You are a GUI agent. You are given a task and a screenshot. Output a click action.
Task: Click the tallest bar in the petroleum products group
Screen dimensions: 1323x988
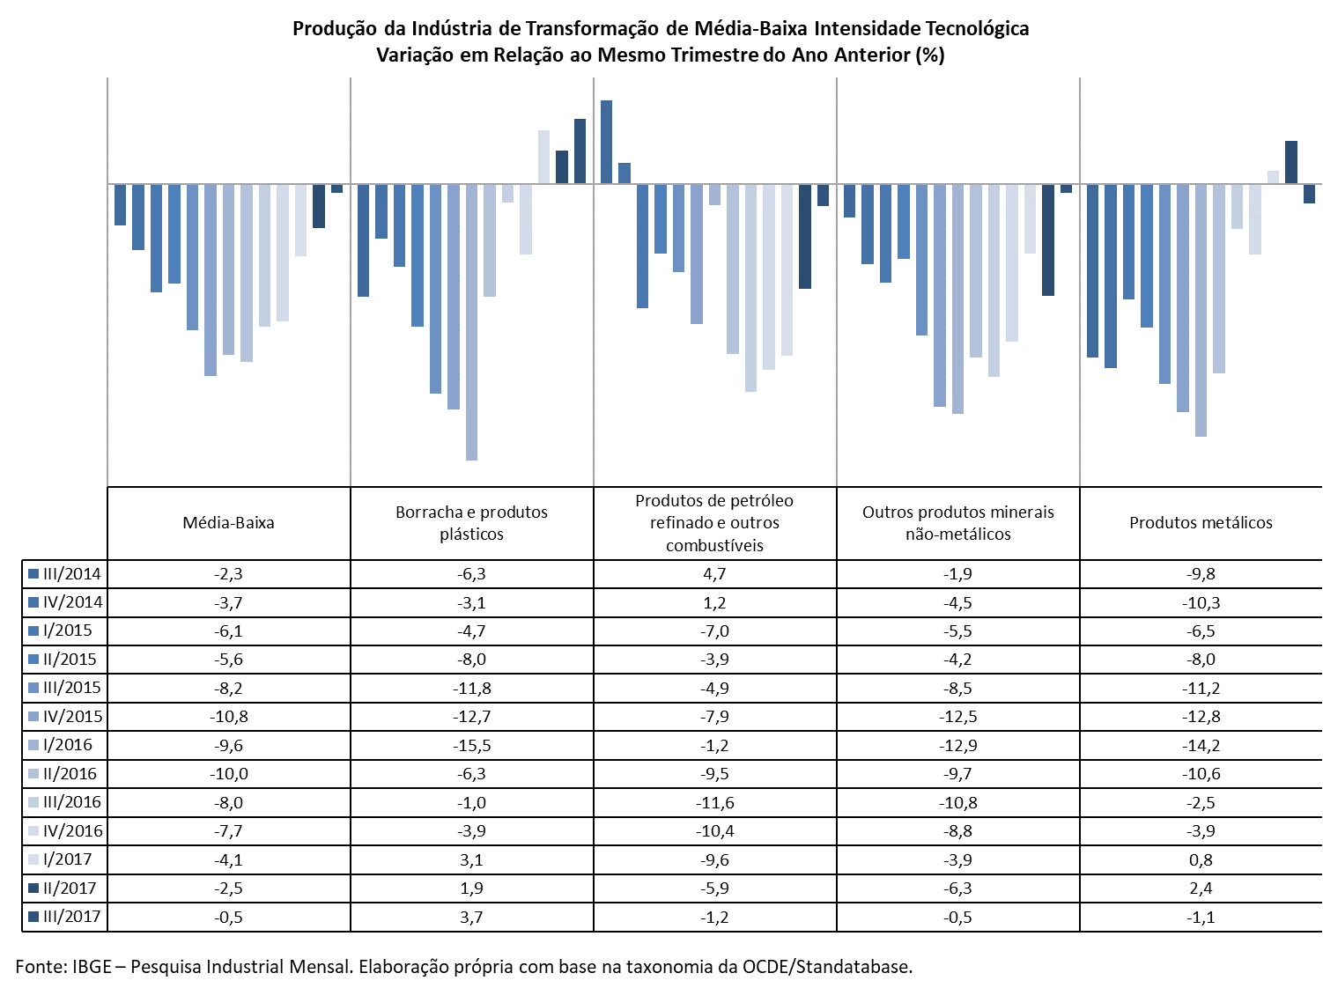[x=606, y=142]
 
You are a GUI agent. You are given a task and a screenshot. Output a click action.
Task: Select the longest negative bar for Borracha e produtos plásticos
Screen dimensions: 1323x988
[x=471, y=322]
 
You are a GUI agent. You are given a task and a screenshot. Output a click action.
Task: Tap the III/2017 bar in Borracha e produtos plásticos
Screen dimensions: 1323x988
[x=580, y=151]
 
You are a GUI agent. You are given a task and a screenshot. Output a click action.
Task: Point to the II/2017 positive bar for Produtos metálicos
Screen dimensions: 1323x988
[x=1290, y=162]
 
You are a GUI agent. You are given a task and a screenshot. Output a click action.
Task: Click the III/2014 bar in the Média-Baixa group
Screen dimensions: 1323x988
[x=120, y=205]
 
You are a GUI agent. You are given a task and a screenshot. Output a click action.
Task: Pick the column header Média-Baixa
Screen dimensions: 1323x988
[x=228, y=522]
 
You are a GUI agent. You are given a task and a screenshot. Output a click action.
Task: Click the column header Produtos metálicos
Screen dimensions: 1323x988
[x=1201, y=522]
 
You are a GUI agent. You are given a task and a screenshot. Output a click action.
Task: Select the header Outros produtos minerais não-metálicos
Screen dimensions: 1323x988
[x=957, y=522]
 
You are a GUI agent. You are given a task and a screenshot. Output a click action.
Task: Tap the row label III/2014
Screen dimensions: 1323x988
[x=71, y=573]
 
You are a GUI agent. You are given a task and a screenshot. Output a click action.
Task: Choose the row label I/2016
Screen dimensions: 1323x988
[x=68, y=745]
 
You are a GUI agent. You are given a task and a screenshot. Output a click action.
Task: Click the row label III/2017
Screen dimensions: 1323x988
[x=71, y=917]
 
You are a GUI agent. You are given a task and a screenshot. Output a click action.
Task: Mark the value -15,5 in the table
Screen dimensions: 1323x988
[x=471, y=745]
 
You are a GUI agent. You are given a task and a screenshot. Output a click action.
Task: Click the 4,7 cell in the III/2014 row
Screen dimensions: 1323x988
[x=714, y=573]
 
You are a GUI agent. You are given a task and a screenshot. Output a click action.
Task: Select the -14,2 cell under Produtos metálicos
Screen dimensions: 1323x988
[x=1201, y=745]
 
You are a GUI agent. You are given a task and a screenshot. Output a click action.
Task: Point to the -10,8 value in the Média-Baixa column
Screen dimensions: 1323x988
[x=228, y=716]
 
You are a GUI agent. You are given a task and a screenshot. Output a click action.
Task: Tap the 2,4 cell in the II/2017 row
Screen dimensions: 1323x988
[x=1201, y=888]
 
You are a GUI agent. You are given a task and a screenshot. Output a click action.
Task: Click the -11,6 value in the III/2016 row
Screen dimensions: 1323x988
[x=714, y=802]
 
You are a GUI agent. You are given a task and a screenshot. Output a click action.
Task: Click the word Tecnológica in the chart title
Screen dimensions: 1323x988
[x=977, y=28]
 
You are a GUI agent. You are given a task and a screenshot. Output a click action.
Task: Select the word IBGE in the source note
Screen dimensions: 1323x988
[x=92, y=967]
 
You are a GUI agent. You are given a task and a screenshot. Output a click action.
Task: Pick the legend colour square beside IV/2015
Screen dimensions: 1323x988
[x=33, y=716]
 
